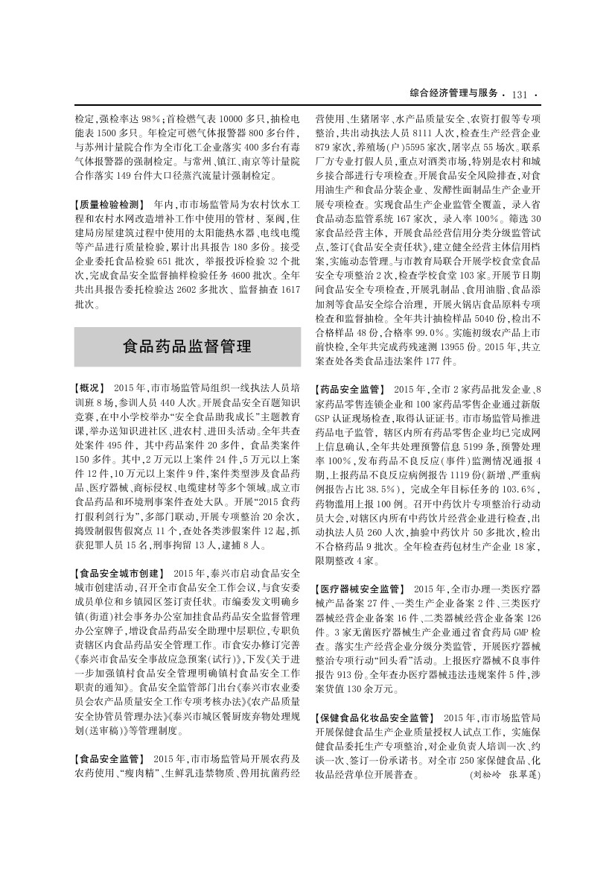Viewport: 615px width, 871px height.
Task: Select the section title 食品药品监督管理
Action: pos(187,346)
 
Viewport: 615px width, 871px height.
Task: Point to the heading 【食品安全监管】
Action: pos(109,758)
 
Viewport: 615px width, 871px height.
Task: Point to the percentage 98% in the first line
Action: pos(152,119)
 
